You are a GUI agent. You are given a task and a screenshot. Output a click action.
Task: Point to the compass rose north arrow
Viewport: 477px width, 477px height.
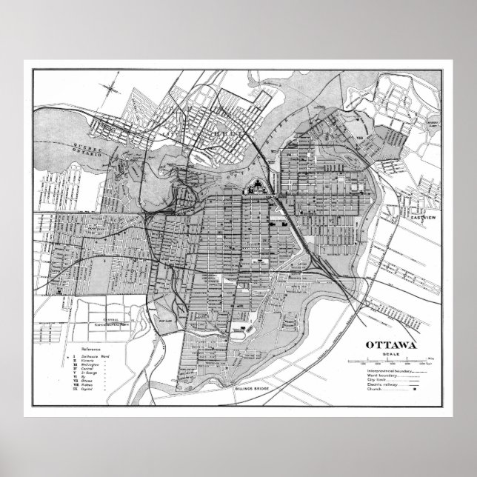tap(111, 90)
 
